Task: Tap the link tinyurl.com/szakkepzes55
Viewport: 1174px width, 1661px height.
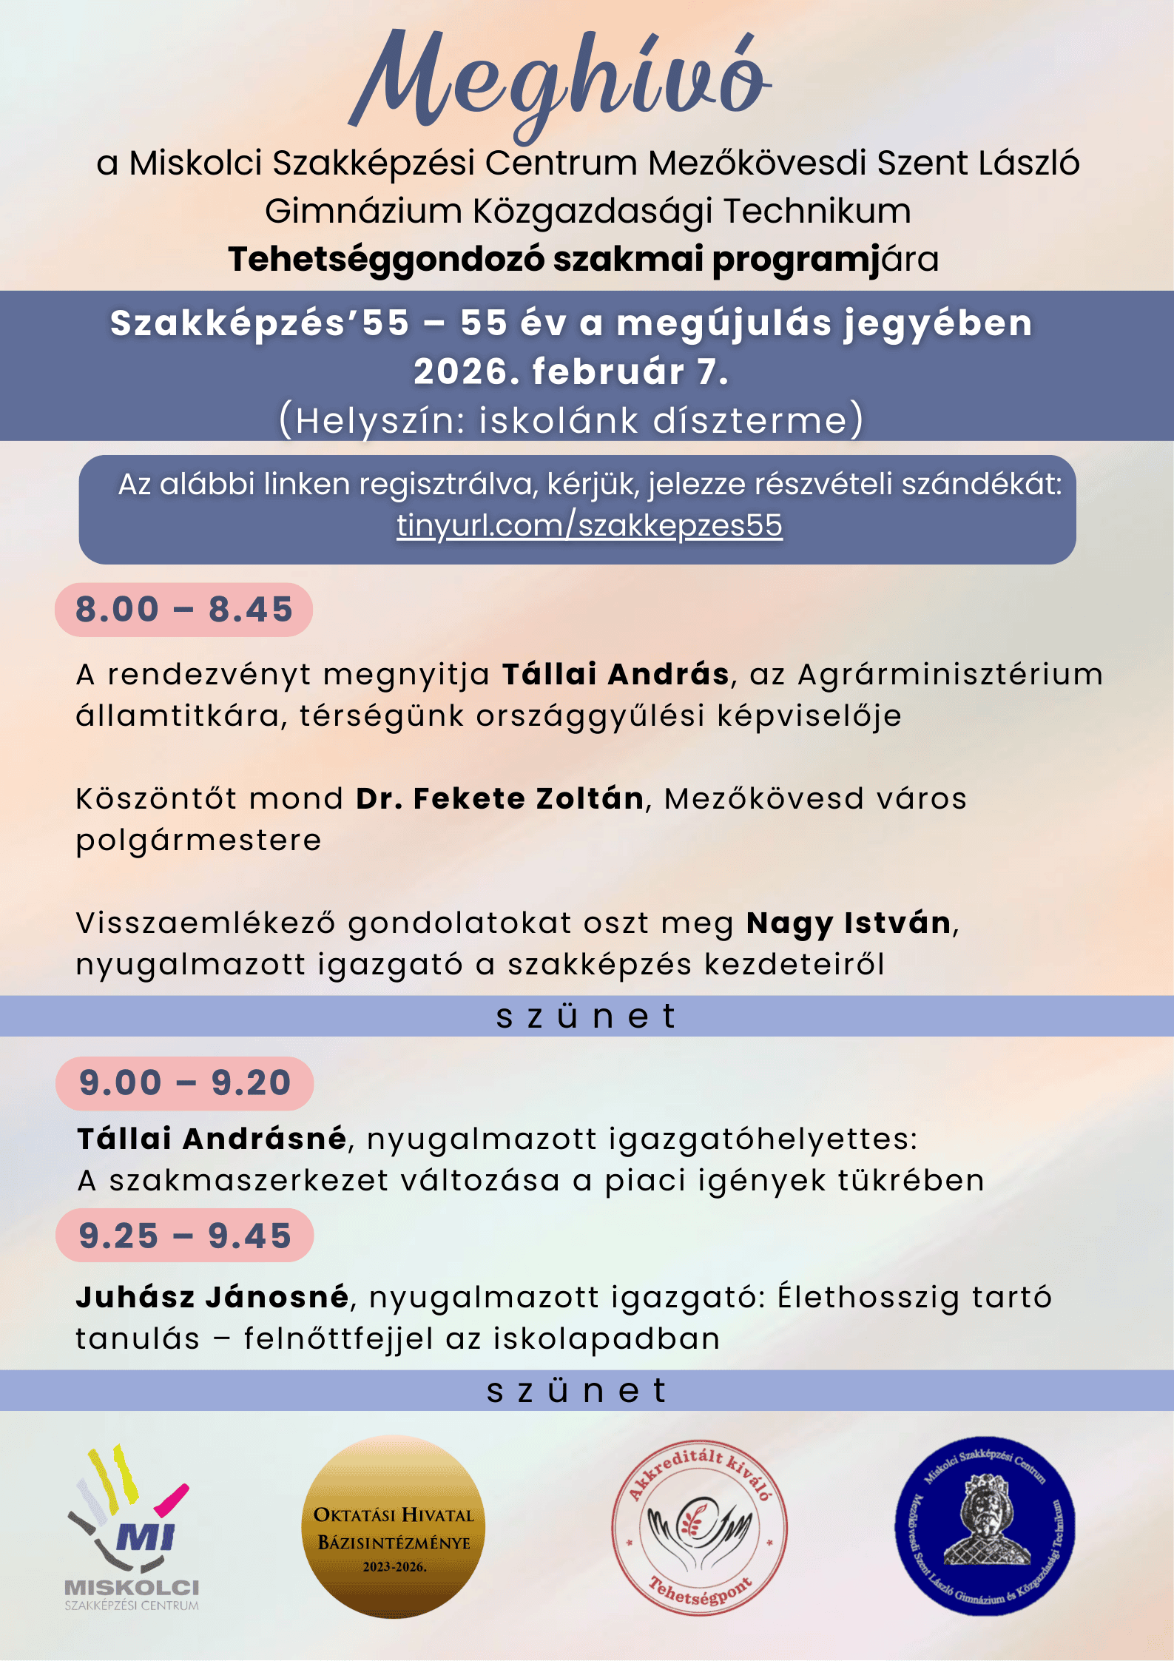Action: point(589,525)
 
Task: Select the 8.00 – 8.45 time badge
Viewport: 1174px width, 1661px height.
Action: point(183,610)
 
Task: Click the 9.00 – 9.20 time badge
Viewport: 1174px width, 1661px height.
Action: point(184,1083)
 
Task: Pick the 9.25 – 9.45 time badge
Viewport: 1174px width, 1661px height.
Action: point(184,1236)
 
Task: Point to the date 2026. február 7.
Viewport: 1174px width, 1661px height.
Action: point(571,371)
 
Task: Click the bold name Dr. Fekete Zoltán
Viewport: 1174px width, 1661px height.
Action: point(499,799)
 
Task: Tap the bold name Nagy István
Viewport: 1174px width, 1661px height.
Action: point(849,923)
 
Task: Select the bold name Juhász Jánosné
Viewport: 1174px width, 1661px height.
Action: point(212,1297)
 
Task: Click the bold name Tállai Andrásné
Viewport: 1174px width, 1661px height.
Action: point(212,1139)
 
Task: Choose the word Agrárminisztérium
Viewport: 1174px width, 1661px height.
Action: point(950,675)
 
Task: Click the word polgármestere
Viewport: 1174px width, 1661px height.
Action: point(198,840)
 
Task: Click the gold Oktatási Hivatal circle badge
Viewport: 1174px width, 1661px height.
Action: point(394,1527)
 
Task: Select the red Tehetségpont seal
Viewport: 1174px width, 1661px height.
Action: point(699,1527)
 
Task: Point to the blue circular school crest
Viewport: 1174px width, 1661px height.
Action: point(985,1526)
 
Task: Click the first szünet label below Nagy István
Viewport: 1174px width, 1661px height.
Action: point(586,1017)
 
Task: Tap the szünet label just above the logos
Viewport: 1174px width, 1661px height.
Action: point(577,1391)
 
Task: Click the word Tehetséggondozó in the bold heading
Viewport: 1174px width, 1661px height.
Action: point(386,260)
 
